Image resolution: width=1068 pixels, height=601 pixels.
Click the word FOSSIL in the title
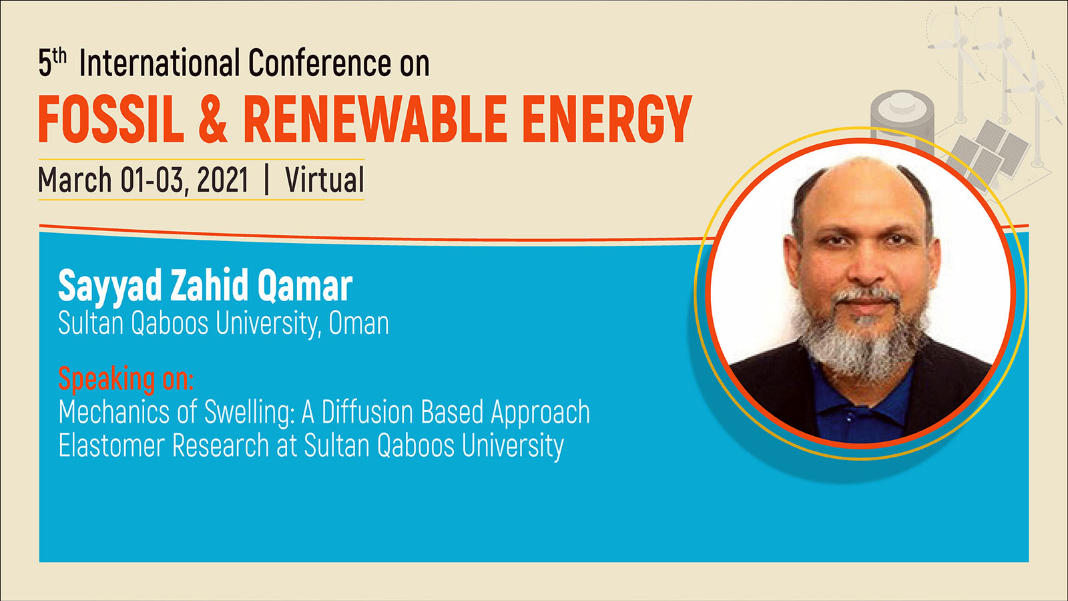(111, 120)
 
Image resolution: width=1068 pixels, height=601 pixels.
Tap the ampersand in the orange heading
(213, 120)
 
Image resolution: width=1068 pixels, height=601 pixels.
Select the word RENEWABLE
(375, 120)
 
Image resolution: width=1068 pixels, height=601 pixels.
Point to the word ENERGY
(607, 120)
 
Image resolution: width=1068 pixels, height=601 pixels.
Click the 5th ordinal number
(53, 63)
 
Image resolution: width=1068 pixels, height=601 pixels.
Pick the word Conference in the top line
(320, 63)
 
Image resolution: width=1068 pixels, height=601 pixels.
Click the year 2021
(223, 180)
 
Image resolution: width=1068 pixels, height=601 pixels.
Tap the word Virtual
(324, 180)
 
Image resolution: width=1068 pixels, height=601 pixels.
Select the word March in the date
(75, 180)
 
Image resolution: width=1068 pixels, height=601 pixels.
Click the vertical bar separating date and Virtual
(266, 180)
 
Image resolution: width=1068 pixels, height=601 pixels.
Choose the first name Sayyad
(110, 286)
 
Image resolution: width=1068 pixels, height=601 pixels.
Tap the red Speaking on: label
(126, 379)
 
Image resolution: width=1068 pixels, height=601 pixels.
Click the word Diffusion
(367, 411)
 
